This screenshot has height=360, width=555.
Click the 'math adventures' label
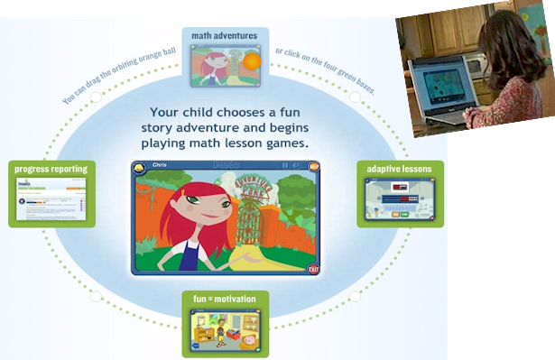coord(225,36)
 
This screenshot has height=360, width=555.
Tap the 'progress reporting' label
coord(50,169)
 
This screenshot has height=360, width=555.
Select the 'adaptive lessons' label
coord(400,169)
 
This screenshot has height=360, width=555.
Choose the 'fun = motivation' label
coord(225,299)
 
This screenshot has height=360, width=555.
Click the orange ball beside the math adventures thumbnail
coord(252,61)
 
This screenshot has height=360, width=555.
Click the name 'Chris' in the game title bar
coord(160,166)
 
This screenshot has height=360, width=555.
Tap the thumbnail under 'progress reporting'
coord(51,199)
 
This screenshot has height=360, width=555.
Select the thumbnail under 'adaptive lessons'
coord(400,199)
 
